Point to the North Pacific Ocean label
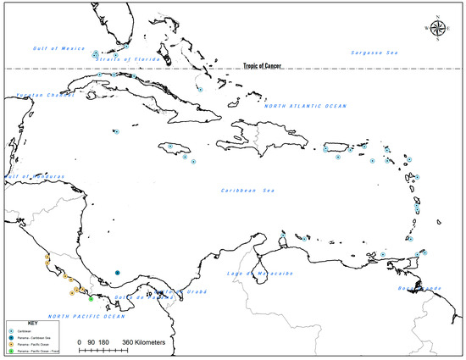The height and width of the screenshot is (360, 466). point(86,316)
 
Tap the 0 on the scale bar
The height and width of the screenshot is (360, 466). point(79,341)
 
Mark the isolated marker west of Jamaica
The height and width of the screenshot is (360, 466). point(117,132)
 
